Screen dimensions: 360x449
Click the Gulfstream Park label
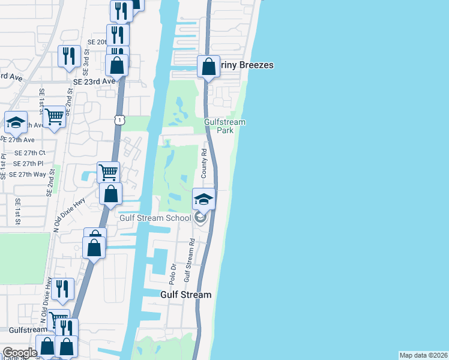point(225,126)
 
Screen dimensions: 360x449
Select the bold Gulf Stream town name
point(186,295)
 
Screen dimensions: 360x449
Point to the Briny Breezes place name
point(246,65)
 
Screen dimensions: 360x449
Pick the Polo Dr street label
point(173,273)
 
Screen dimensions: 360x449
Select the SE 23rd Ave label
point(94,81)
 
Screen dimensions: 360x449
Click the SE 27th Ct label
point(29,153)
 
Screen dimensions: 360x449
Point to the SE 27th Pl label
point(28,163)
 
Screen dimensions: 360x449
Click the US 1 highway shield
point(120,121)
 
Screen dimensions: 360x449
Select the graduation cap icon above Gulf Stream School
point(203,199)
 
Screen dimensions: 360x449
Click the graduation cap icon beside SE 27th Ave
point(16,122)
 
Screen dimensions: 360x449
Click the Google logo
point(20,353)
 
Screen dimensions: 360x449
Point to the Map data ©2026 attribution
point(423,355)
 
